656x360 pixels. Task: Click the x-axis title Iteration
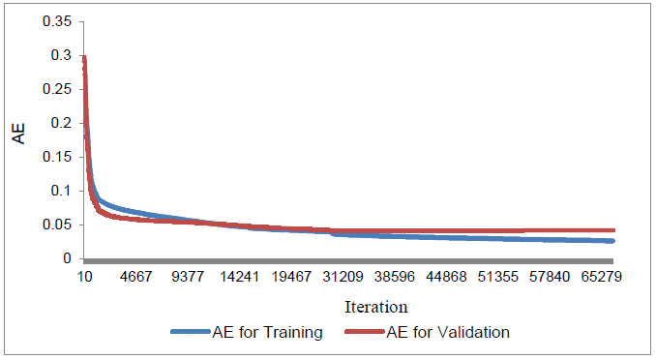[x=375, y=307]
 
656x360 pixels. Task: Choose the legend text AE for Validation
[x=448, y=333]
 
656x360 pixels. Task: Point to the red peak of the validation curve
[x=84, y=58]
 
